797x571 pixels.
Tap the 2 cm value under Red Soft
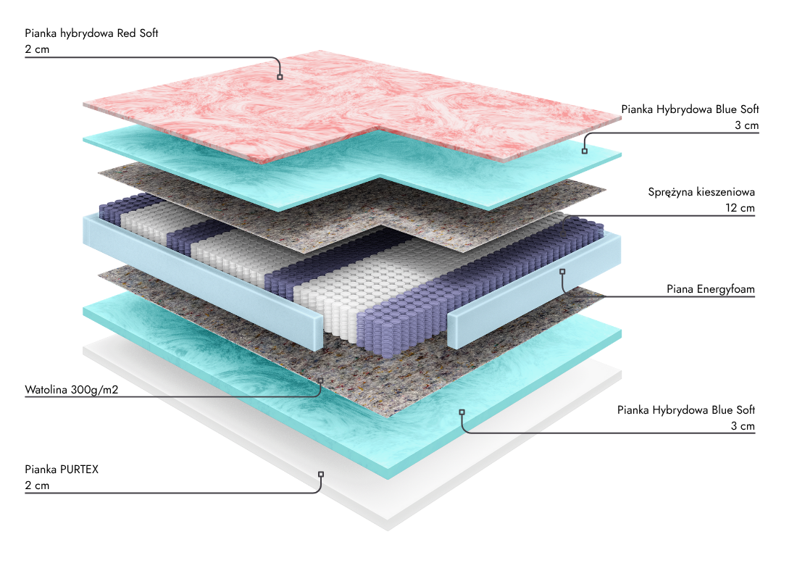[x=37, y=50]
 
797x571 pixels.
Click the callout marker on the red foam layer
[x=280, y=76]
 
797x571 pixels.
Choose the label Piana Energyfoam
[x=711, y=290]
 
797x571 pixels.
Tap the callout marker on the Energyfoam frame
[x=562, y=271]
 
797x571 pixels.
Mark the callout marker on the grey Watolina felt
[x=320, y=379]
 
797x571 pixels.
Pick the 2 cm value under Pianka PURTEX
[x=37, y=485]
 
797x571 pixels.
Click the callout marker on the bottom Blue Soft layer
[x=462, y=412]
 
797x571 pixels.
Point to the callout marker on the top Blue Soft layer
[x=584, y=151]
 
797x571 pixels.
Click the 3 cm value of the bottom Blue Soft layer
[x=743, y=426]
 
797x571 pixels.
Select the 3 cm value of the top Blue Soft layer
[x=746, y=125]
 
